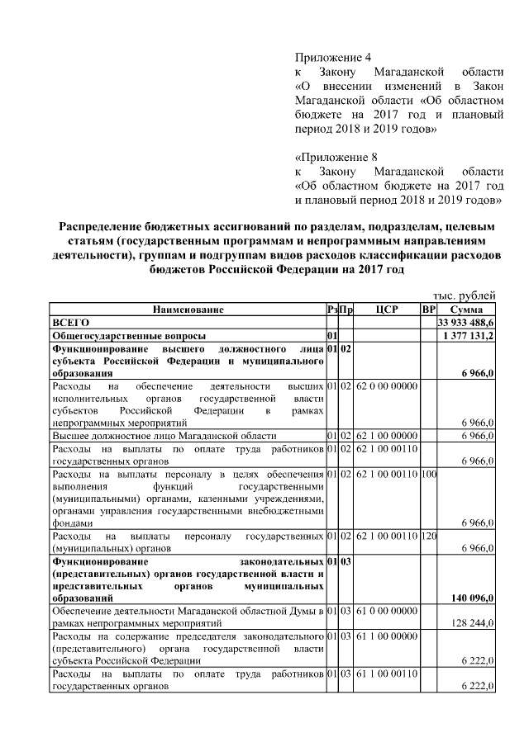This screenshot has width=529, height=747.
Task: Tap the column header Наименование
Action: (x=188, y=309)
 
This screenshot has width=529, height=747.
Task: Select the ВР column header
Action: (x=428, y=309)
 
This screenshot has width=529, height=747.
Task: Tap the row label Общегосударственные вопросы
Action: (x=128, y=336)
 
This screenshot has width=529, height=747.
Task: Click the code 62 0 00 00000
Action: (x=386, y=385)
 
